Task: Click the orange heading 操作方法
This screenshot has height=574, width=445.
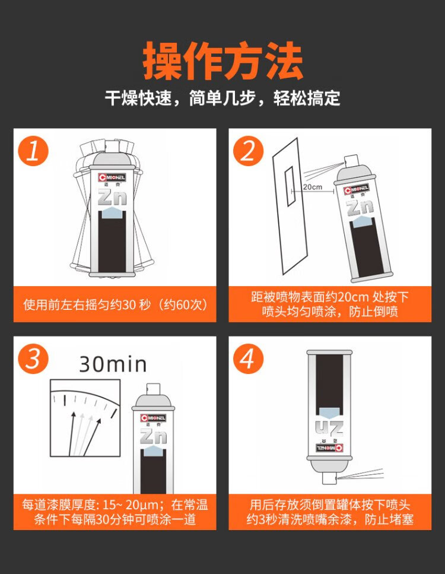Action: (223, 61)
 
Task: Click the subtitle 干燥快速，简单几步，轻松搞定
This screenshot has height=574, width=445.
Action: (223, 97)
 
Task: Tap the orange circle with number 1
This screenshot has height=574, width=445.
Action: (33, 151)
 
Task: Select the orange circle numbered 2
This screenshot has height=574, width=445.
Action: (248, 151)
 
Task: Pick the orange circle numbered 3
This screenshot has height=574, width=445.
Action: (33, 359)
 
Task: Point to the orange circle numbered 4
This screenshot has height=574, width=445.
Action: (248, 359)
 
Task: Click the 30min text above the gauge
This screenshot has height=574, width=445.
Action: (113, 363)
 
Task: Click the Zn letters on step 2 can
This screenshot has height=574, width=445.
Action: (360, 208)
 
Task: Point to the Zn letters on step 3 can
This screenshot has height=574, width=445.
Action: (153, 436)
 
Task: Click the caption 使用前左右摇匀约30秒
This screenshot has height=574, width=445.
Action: (115, 305)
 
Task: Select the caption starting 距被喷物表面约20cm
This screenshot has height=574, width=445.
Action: (330, 304)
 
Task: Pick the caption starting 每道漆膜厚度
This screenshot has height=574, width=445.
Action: (115, 512)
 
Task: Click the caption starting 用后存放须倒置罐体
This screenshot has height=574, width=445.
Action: (330, 512)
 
